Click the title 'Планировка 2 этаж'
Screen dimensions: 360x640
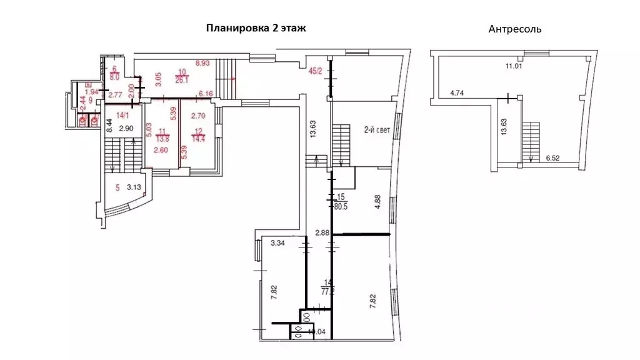point(256,28)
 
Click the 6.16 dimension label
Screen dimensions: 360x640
point(206,94)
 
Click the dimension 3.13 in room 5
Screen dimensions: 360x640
point(135,187)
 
